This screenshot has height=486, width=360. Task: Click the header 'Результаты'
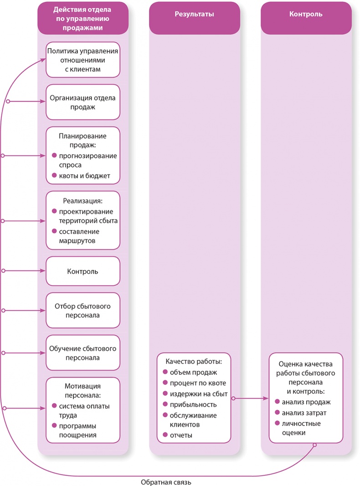coord(194,14)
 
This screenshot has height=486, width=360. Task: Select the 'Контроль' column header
coord(306,14)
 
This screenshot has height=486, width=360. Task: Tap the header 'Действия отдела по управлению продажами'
coord(83,18)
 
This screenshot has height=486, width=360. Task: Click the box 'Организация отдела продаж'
coord(83,102)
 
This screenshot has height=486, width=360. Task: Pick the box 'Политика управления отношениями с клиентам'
coord(83,60)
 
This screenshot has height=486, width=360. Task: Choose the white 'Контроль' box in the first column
coord(83,271)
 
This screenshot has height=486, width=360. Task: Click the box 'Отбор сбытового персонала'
coord(83,310)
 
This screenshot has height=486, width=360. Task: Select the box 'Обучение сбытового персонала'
coord(83,353)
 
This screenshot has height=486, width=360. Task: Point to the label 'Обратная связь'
coord(167,482)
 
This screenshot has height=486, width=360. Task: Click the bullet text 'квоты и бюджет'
coord(84,176)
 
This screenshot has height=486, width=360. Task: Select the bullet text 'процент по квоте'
coord(197,383)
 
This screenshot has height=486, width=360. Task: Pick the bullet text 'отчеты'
coord(181,435)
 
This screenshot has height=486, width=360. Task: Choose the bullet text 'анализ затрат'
coord(304,413)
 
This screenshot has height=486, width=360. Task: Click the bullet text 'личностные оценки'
coord(301,428)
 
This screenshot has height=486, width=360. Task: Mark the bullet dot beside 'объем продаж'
coord(165,373)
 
